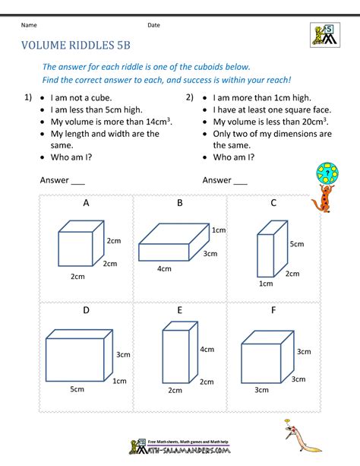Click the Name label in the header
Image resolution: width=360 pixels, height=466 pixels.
point(29,25)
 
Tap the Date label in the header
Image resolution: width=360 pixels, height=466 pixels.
point(153,25)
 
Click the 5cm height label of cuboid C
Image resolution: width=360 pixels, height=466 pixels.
point(297,244)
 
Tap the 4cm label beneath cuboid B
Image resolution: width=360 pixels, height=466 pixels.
point(164,269)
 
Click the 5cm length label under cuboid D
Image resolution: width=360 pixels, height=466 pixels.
point(77,389)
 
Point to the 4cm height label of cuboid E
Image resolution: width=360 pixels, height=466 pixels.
point(206,350)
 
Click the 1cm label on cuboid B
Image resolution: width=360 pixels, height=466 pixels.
point(219,230)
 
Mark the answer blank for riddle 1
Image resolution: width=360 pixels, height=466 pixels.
point(77,181)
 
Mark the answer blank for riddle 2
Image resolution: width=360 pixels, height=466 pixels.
point(240,181)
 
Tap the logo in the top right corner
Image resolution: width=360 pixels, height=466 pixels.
point(324,34)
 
